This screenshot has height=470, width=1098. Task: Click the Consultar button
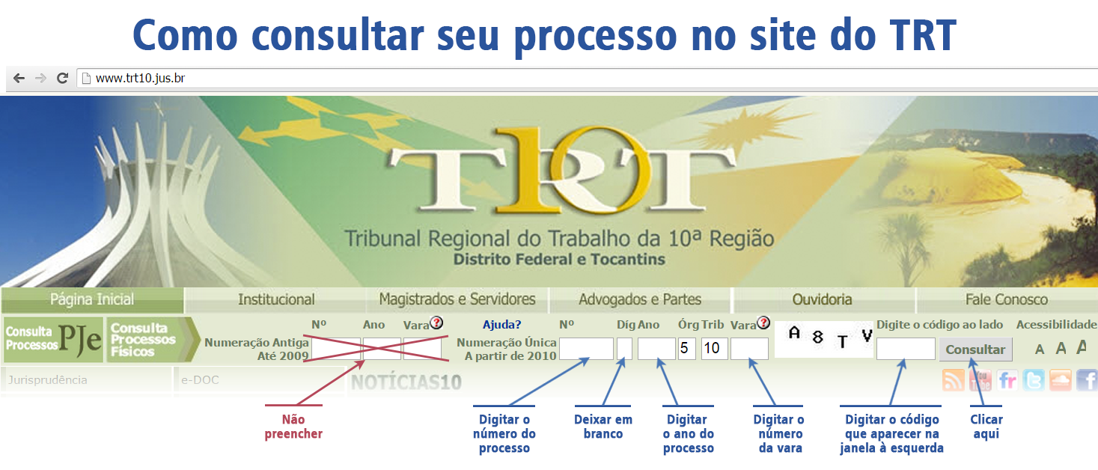(x=975, y=350)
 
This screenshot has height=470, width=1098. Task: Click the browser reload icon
(x=62, y=78)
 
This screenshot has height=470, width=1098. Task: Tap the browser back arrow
(x=19, y=78)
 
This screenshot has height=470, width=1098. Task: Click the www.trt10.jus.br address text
(x=140, y=78)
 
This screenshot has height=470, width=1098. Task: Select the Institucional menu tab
(x=276, y=299)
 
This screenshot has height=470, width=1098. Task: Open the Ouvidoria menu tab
(x=822, y=299)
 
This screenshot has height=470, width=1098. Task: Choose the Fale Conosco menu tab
(x=1007, y=299)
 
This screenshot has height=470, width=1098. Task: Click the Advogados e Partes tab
(x=640, y=299)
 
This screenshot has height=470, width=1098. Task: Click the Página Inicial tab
(x=92, y=299)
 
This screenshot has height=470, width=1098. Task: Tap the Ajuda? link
(x=502, y=325)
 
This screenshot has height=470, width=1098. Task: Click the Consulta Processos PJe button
(x=53, y=339)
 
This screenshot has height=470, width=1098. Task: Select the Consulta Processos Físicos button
(x=153, y=339)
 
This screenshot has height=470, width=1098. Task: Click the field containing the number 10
(x=714, y=349)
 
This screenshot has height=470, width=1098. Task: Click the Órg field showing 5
(x=687, y=349)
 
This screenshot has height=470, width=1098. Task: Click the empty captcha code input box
(x=906, y=349)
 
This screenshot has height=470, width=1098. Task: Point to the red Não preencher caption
(x=293, y=427)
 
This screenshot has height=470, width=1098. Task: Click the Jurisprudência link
(x=48, y=380)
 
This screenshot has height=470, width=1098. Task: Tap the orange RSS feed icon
(x=953, y=381)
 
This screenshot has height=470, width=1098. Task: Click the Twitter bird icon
(x=1034, y=381)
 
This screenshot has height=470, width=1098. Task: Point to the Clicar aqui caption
(x=986, y=427)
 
